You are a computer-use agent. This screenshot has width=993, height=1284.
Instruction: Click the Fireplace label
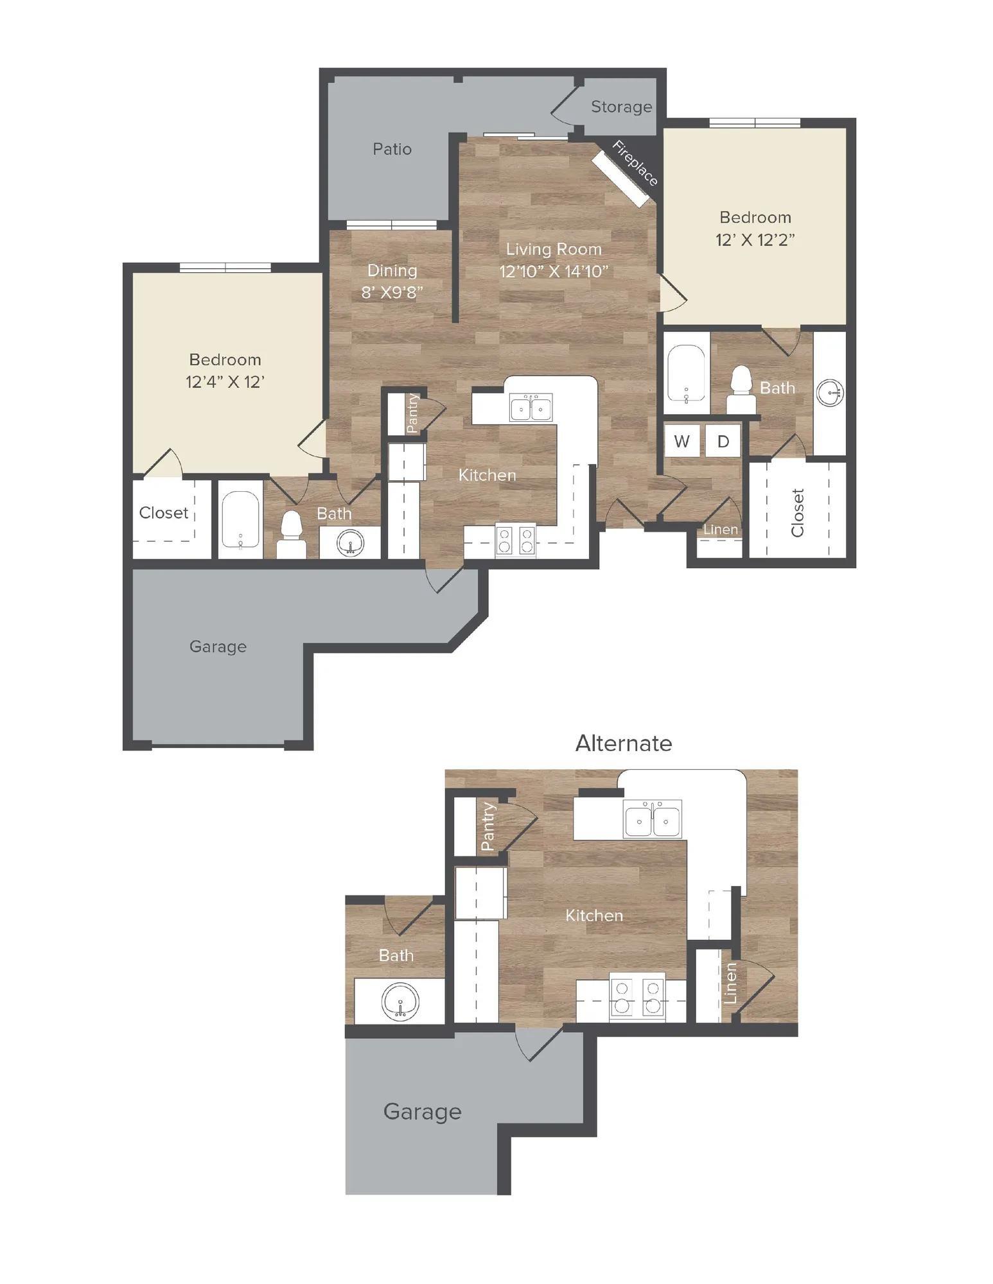pyautogui.click(x=635, y=163)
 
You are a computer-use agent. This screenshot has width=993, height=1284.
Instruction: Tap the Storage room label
pyautogui.click(x=621, y=107)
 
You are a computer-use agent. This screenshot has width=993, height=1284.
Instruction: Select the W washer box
pyautogui.click(x=682, y=441)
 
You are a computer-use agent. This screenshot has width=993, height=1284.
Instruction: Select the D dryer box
pyautogui.click(x=723, y=441)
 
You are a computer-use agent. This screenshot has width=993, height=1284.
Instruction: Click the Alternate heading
pyautogui.click(x=623, y=743)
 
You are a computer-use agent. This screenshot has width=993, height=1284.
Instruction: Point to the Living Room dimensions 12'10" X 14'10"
pyautogui.click(x=553, y=272)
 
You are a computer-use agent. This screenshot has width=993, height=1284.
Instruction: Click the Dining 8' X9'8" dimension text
pyautogui.click(x=392, y=293)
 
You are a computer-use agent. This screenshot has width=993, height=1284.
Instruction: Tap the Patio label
pyautogui.click(x=392, y=149)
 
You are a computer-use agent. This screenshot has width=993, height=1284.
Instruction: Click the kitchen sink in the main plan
pyautogui.click(x=531, y=408)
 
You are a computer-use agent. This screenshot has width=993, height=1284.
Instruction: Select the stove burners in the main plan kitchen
pyautogui.click(x=515, y=540)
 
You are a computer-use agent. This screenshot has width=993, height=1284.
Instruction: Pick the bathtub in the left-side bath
pyautogui.click(x=240, y=519)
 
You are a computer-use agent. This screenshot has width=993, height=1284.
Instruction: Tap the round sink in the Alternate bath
pyautogui.click(x=400, y=1002)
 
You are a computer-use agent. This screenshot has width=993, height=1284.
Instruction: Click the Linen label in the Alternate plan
pyautogui.click(x=730, y=983)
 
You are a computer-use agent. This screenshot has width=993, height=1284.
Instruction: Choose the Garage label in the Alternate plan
pyautogui.click(x=422, y=1111)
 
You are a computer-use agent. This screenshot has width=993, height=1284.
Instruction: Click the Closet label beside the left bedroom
pyautogui.click(x=164, y=512)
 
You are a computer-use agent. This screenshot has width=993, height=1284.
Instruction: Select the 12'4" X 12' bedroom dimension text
pyautogui.click(x=225, y=382)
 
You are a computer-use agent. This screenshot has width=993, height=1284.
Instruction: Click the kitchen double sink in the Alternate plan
pyautogui.click(x=652, y=819)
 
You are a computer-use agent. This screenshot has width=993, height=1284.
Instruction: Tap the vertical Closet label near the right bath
pyautogui.click(x=798, y=512)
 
